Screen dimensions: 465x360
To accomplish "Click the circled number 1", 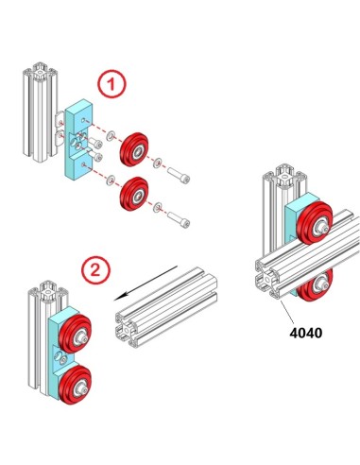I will (112, 85).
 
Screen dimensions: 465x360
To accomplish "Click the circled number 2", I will (92, 269).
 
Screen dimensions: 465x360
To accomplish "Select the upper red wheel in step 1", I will (131, 148).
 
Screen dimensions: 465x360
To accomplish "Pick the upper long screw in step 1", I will (179, 177).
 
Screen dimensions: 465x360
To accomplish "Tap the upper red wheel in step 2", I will (74, 336).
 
